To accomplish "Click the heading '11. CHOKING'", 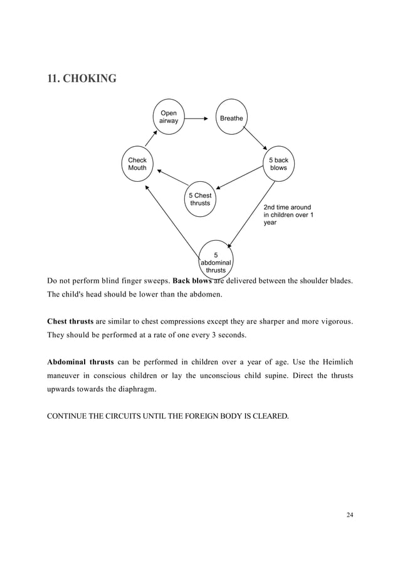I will point(82,80).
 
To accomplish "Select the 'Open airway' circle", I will point(169,117).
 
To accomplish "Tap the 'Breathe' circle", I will point(231,117).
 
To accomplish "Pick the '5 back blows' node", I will point(278,164).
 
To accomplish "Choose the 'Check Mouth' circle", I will point(137,164).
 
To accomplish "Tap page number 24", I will point(349,515).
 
